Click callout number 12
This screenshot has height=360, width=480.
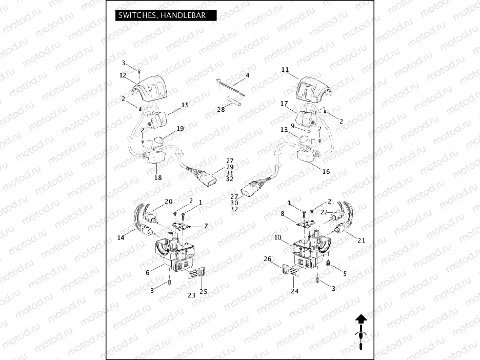(123, 75)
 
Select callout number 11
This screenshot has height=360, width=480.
(285, 69)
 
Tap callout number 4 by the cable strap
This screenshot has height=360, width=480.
(247, 75)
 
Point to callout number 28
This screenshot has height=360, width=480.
(221, 109)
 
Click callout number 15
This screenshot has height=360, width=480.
(185, 105)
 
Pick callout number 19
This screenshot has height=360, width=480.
(180, 128)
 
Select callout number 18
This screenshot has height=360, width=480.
(158, 177)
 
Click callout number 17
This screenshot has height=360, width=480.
(284, 104)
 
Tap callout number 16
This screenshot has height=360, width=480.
(326, 172)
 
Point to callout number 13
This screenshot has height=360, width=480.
(284, 130)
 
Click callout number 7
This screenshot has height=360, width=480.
(206, 226)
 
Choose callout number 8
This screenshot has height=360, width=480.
(282, 213)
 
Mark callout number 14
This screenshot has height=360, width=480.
(121, 237)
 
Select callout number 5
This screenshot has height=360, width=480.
(345, 274)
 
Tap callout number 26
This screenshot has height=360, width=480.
(267, 259)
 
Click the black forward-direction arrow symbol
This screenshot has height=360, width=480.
(361, 318)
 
